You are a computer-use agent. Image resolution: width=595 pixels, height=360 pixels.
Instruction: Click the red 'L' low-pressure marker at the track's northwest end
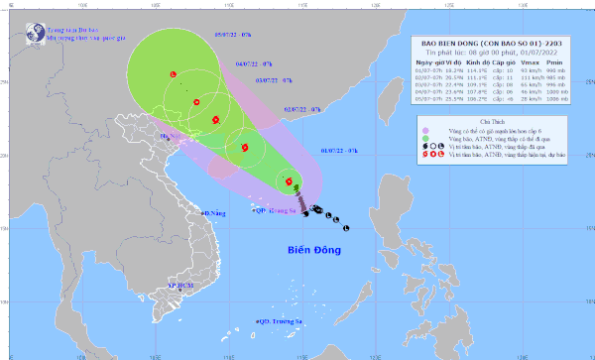coord(174,74)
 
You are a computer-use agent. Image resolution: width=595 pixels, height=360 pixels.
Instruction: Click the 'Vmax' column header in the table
coord(525,62)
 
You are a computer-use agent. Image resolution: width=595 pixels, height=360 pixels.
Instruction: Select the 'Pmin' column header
coord(557,62)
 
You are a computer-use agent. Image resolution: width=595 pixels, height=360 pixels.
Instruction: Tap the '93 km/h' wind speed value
coord(525,71)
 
